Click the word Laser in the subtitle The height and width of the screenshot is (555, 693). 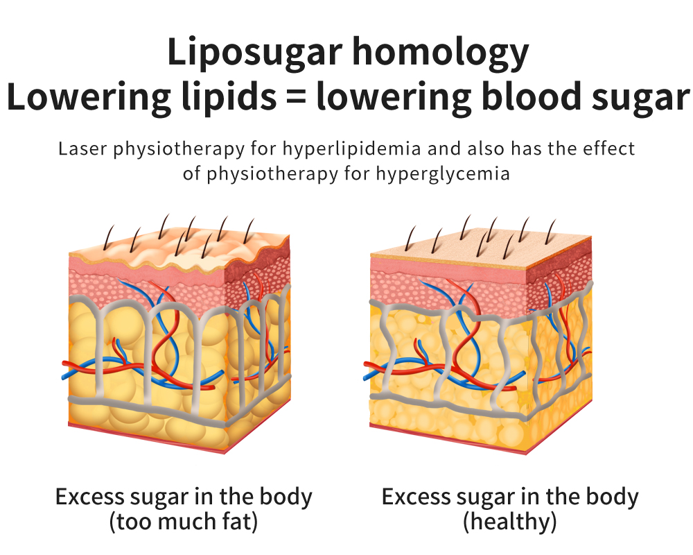(82, 148)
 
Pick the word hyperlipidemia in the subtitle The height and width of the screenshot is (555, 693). (351, 149)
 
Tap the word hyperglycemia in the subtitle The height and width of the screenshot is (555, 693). (443, 174)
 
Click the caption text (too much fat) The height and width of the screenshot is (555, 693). (184, 522)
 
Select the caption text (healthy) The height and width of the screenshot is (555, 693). (509, 522)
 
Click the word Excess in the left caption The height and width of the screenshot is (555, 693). (89, 497)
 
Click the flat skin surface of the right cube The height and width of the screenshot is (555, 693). (480, 249)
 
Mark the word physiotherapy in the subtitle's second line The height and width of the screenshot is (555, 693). (272, 174)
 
